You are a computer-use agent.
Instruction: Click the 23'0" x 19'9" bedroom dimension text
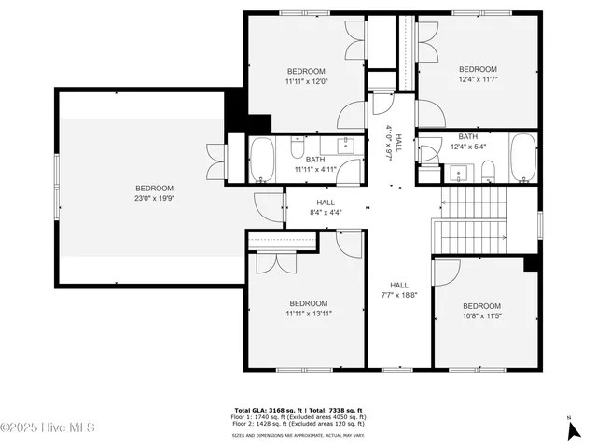click(154, 197)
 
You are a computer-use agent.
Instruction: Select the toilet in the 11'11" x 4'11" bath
click(298, 149)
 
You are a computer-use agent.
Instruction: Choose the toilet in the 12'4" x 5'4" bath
click(488, 169)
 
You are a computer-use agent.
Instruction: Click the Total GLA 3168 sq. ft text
click(267, 410)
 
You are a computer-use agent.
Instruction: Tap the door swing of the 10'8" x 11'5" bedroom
click(446, 272)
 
